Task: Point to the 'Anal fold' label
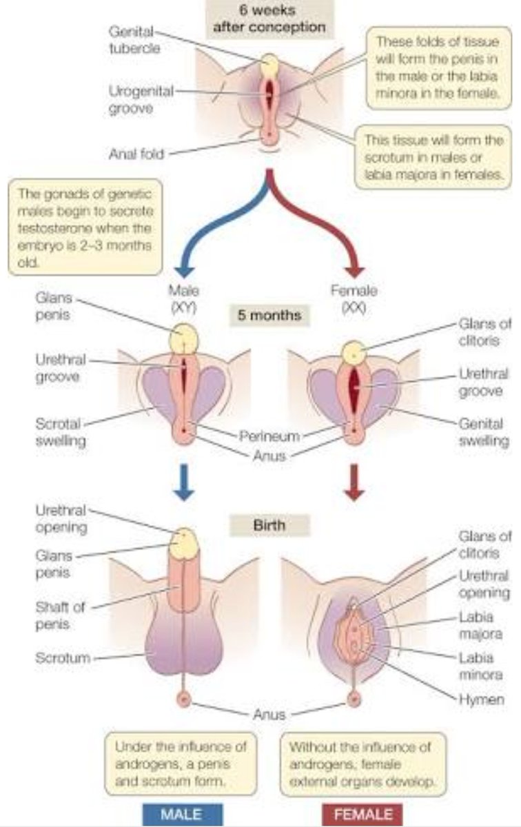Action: click(136, 154)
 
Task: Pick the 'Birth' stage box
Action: click(269, 525)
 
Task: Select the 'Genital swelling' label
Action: click(483, 431)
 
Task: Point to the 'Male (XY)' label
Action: click(183, 299)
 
